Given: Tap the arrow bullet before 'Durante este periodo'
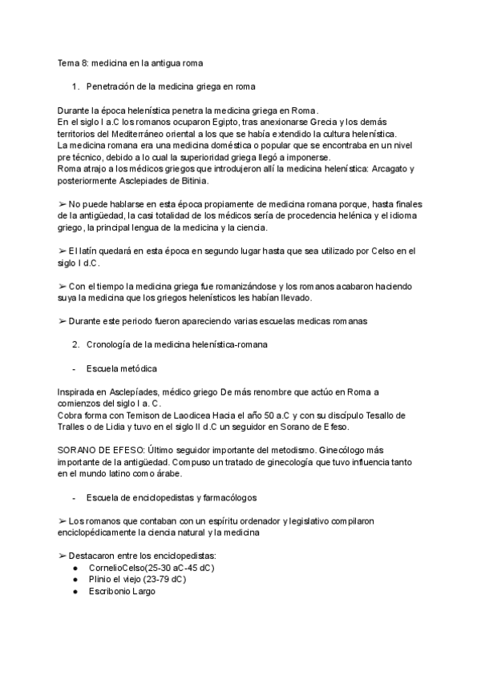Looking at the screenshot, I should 63,321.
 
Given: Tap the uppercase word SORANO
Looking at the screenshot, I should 79,450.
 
